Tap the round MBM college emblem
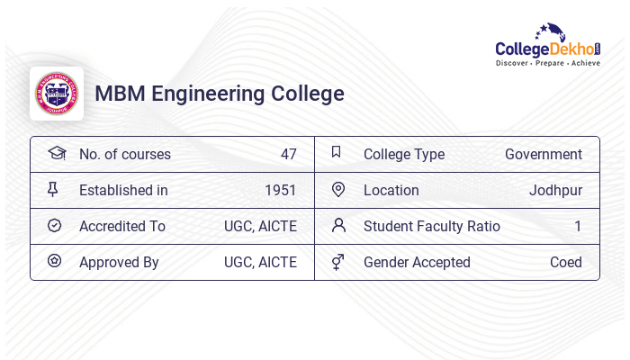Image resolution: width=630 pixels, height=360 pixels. pos(57,94)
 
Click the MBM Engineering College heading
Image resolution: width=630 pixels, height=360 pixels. pos(220,94)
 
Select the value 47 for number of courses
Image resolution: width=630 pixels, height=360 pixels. pos(288,154)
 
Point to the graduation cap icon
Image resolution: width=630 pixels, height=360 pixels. pos(56,153)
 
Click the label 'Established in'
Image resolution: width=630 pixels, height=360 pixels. pos(123,190)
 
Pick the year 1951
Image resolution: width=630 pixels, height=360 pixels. pos(281,190)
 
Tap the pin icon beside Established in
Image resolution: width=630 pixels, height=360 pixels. pos(54,190)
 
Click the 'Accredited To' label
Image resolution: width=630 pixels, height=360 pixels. pos(122,226)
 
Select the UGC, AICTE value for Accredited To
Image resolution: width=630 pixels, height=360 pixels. pos(260,226)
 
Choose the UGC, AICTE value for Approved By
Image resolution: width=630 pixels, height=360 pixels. pos(260,262)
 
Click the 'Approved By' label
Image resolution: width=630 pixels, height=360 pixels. pos(119,262)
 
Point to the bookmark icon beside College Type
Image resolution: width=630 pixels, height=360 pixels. pos(337,153)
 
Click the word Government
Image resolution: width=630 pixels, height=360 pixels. pos(544,154)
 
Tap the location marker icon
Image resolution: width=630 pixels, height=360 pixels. pos(338,190)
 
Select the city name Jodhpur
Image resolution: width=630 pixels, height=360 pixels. pos(555,190)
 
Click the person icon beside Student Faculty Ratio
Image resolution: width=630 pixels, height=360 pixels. pos(338,225)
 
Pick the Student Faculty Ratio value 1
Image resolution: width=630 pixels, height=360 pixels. pos(578,226)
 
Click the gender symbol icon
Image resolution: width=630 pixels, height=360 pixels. pos(338,262)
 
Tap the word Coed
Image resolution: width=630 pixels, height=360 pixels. pos(566,262)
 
